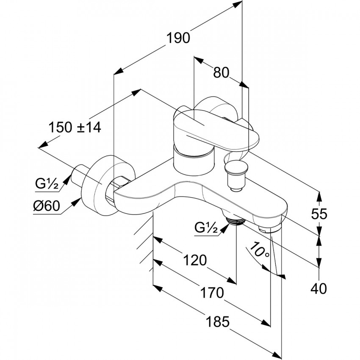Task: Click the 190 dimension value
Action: tap(178, 38)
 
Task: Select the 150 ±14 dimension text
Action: tap(75, 127)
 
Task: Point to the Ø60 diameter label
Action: tap(46, 207)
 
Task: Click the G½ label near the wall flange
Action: tap(46, 185)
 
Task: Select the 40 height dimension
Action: tap(318, 289)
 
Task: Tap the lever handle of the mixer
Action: tap(212, 129)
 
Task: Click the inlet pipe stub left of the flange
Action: tap(80, 174)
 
